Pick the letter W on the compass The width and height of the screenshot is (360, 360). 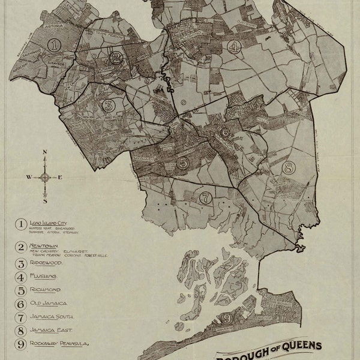click(x=29, y=178)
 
